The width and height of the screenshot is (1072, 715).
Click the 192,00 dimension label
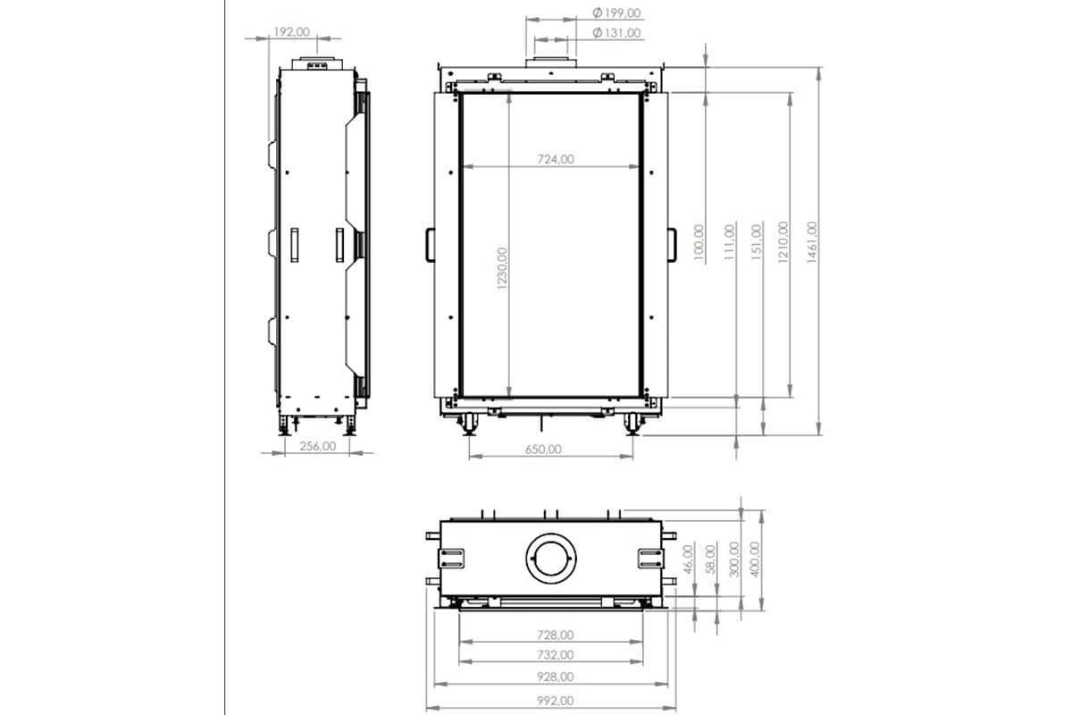(x=290, y=31)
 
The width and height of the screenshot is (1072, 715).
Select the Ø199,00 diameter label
(x=616, y=13)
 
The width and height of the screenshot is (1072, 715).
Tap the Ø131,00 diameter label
(x=616, y=33)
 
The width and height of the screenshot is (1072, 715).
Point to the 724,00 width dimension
(x=556, y=159)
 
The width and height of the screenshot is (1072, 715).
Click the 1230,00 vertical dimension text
(x=502, y=268)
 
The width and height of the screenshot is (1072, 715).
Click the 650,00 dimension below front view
(x=542, y=449)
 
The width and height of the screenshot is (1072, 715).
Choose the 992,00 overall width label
(x=555, y=701)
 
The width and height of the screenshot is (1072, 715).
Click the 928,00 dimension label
(x=555, y=677)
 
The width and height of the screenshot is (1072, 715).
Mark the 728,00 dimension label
(x=555, y=635)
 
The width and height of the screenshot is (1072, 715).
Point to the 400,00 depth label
(x=755, y=559)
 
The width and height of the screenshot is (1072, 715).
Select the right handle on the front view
(x=674, y=243)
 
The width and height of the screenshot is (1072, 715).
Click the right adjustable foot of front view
(x=633, y=424)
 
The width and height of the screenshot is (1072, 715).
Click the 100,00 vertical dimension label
(x=699, y=243)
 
